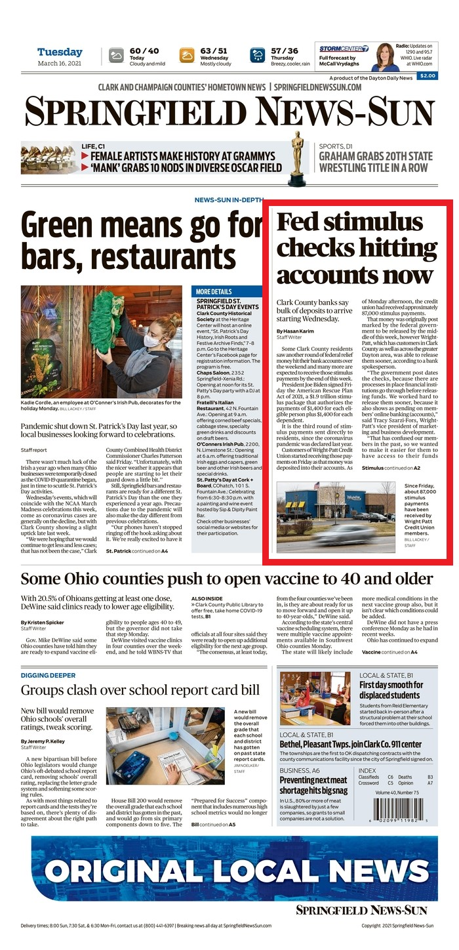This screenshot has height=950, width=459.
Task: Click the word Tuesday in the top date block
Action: tap(60, 52)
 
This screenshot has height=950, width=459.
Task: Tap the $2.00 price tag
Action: tap(427, 76)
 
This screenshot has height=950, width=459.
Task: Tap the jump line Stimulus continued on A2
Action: tap(391, 468)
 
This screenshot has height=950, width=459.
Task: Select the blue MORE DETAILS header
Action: tap(214, 291)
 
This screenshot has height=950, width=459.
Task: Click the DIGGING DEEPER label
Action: tap(48, 675)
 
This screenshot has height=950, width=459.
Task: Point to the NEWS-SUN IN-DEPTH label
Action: tap(229, 199)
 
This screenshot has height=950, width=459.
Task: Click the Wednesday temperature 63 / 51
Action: tap(214, 51)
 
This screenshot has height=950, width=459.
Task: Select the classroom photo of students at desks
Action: tap(315, 698)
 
